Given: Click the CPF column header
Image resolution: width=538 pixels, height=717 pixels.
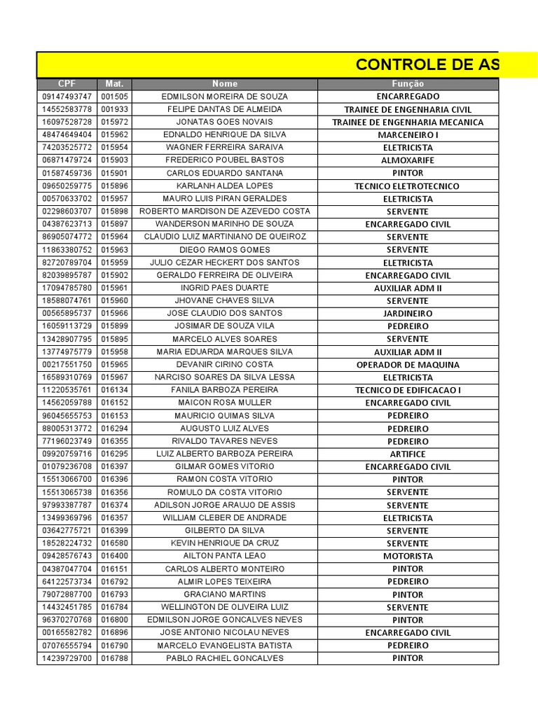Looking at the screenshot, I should click(x=67, y=84).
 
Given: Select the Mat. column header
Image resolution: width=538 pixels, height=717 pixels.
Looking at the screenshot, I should click(x=114, y=84).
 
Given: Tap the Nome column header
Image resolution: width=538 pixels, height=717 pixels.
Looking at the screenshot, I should click(x=225, y=84).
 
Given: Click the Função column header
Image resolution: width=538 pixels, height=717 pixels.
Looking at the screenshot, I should click(x=408, y=84).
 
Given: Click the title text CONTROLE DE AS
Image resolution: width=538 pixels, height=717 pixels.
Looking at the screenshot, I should click(x=427, y=65).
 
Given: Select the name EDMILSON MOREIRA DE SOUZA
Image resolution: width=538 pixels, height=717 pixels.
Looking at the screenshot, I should click(x=225, y=97).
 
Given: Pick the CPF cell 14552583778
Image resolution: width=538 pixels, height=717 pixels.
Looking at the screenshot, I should click(x=67, y=109).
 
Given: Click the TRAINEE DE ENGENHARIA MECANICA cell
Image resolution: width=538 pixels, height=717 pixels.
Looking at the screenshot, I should click(x=408, y=123).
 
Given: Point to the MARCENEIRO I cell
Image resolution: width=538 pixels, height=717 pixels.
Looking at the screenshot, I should click(x=408, y=135).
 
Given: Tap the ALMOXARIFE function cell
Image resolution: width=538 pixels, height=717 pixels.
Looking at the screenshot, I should click(x=408, y=160).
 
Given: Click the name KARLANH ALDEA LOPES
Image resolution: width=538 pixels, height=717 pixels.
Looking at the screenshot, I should click(x=225, y=186).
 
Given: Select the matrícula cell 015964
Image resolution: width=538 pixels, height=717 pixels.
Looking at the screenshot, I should click(x=114, y=237).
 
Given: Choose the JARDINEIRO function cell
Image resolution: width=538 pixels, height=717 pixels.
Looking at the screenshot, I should click(x=408, y=314).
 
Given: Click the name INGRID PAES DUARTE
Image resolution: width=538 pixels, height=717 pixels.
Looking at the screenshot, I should click(x=225, y=288).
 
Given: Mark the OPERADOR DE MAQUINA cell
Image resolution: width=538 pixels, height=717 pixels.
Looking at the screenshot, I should click(x=408, y=365).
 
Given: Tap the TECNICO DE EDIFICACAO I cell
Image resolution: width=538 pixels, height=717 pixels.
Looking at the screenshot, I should click(x=408, y=390).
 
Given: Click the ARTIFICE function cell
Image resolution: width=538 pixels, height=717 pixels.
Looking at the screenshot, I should click(x=408, y=454).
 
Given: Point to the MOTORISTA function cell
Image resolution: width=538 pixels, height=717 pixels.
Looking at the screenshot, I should click(x=408, y=556).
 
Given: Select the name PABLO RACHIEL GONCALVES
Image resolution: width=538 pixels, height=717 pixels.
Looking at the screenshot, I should click(x=225, y=658).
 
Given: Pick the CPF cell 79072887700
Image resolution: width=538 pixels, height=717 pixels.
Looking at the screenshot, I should click(x=67, y=594).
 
